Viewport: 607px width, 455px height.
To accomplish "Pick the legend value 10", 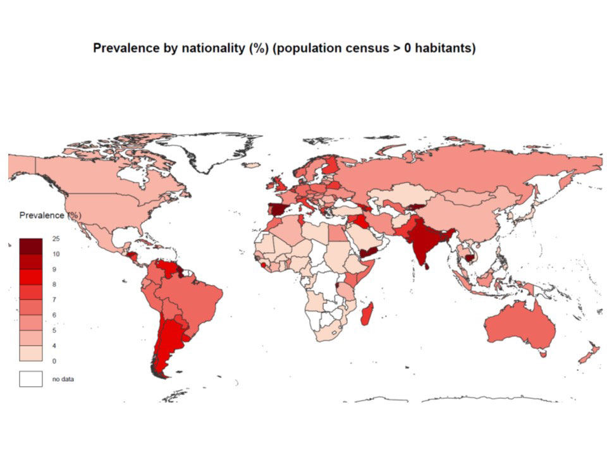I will tap(56, 254).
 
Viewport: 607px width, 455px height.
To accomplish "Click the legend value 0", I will tap(54, 361).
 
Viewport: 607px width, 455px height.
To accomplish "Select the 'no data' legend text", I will tap(64, 379).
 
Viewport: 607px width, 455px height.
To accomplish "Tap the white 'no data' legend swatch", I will tap(30, 379).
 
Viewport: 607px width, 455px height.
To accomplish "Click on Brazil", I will tap(193, 297).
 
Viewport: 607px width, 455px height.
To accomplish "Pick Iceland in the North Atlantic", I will tap(251, 166).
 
